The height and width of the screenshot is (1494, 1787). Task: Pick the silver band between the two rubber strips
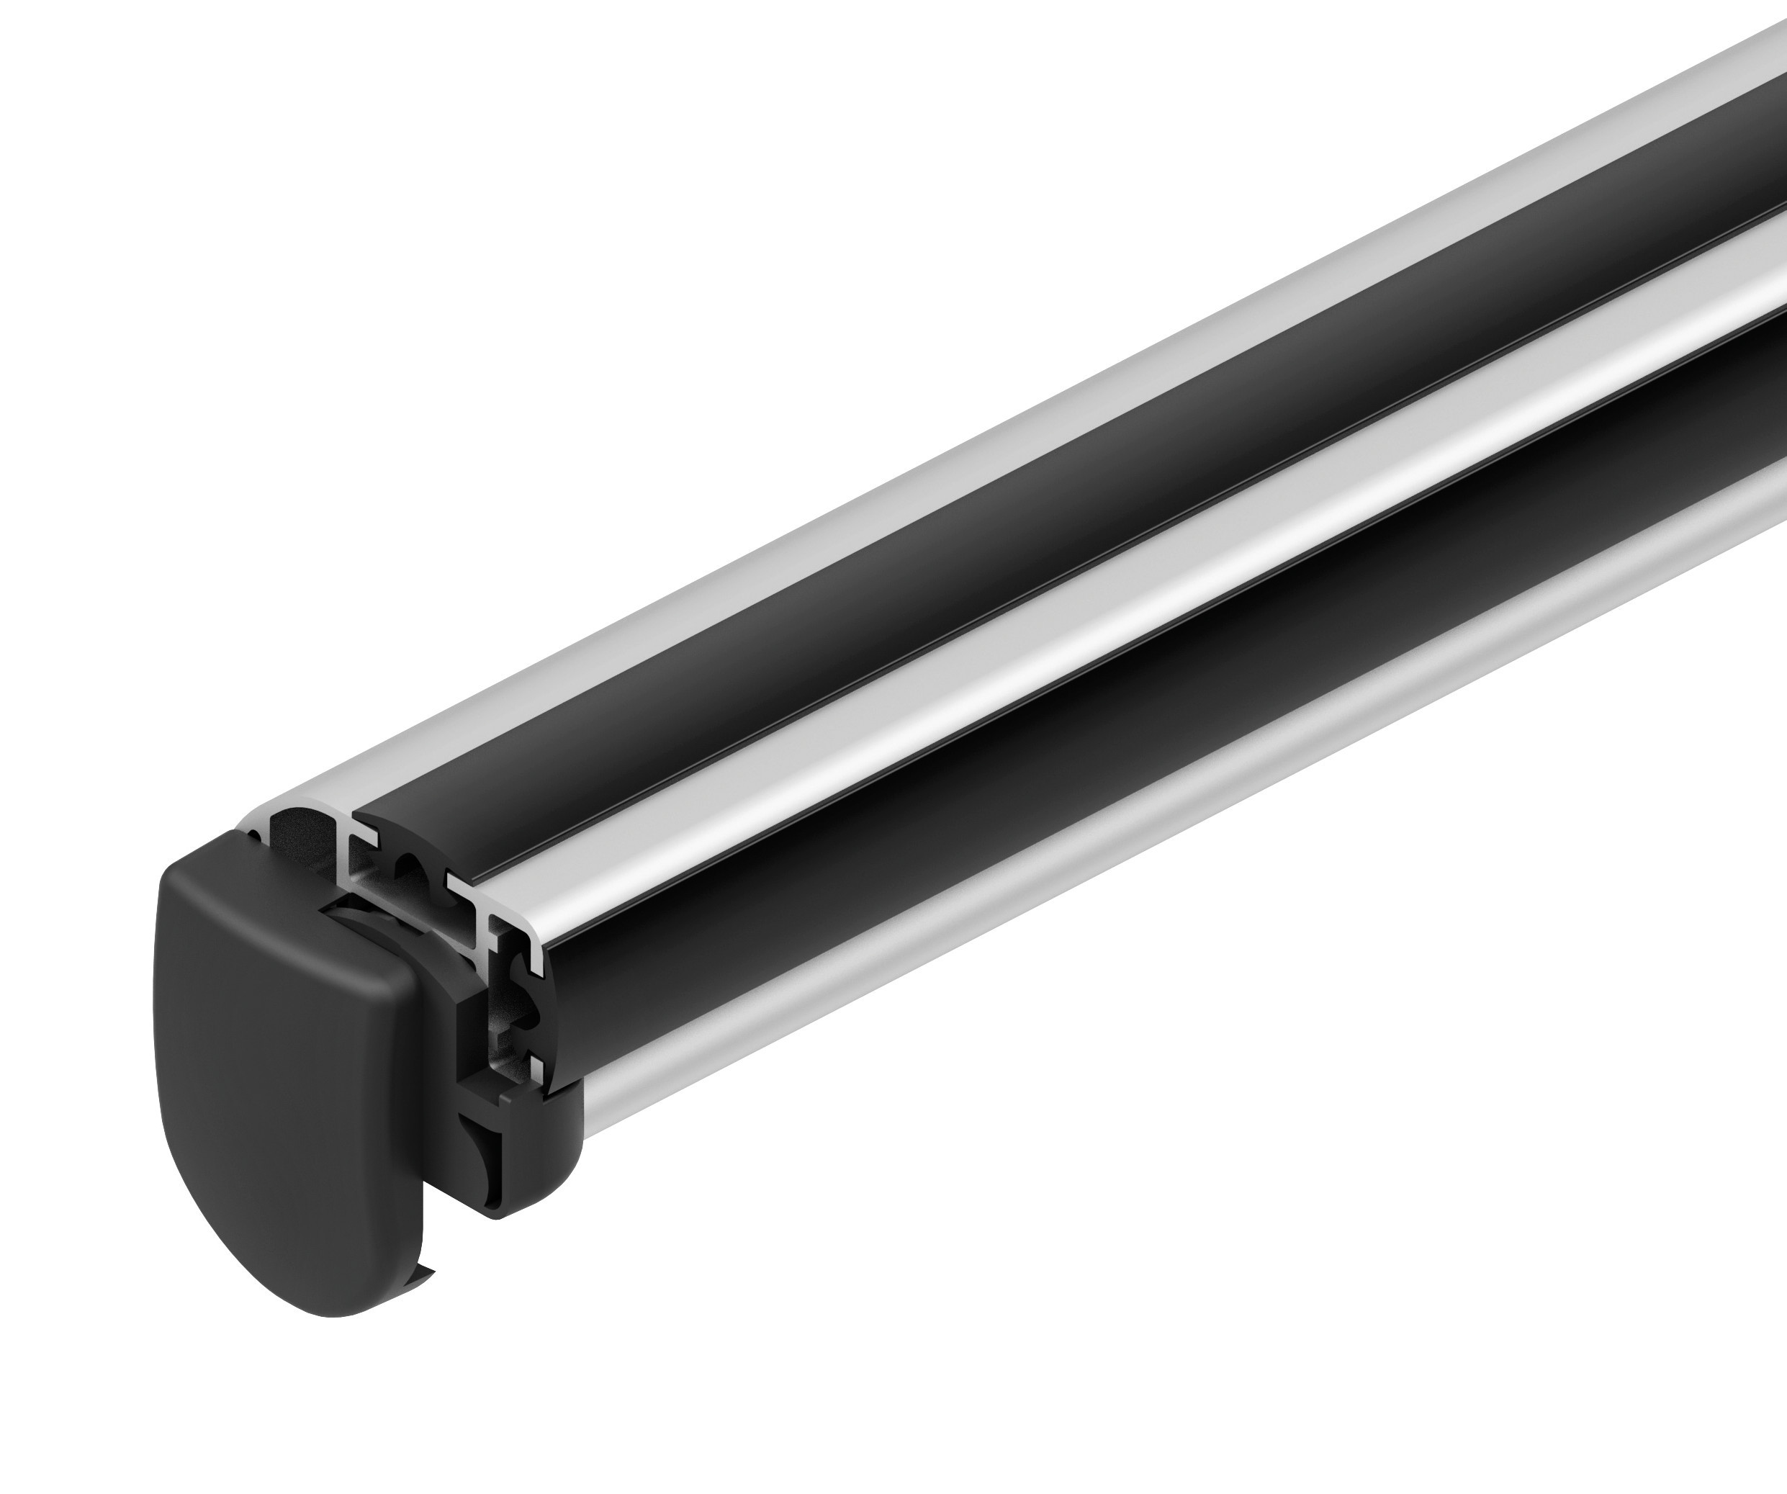pyautogui.click(x=1021, y=680)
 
